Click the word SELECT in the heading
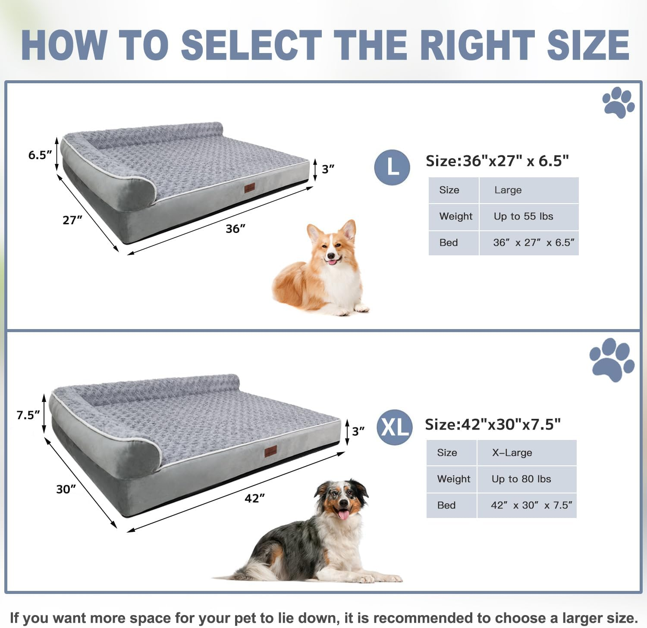pos(251,45)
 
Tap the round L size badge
pos(392,167)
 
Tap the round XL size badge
pos(395,427)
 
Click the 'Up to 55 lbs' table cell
pos(528,217)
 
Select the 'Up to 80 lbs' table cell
pos(526,479)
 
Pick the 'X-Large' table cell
pos(526,453)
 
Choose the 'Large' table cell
pos(528,190)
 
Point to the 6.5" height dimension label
pos(40,155)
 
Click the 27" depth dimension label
pos(72,220)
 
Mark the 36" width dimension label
pos(236,229)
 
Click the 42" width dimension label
pos(254,498)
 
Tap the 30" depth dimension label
pos(66,489)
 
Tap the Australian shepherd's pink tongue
pos(344,515)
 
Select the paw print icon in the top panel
pos(618,102)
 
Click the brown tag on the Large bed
pos(249,188)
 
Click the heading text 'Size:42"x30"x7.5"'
pos(493,424)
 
